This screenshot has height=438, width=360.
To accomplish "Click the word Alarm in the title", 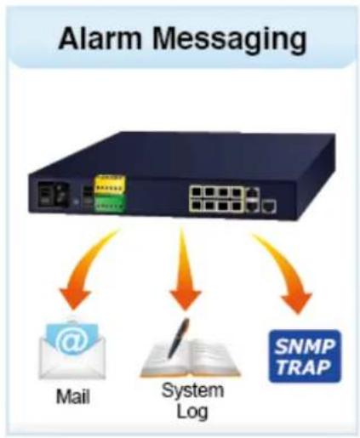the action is click(x=100, y=38).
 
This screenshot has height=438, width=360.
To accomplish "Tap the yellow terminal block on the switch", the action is click(x=110, y=185).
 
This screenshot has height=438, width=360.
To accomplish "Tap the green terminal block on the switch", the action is click(x=110, y=202).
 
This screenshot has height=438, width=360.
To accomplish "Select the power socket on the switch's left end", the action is click(x=53, y=195).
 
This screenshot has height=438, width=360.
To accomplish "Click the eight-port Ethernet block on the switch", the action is click(x=217, y=198).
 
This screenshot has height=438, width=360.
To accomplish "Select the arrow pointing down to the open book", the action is click(x=185, y=270).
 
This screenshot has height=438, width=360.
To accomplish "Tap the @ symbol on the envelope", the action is click(x=72, y=340).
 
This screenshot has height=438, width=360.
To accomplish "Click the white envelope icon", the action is click(x=72, y=350).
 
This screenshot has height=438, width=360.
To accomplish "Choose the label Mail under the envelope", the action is click(x=73, y=396).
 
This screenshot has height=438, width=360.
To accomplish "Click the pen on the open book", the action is click(x=179, y=338).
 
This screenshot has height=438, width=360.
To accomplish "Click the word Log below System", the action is click(x=192, y=412).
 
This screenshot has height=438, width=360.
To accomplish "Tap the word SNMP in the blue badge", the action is click(x=305, y=346).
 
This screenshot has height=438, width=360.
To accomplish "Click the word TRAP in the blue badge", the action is click(x=304, y=367).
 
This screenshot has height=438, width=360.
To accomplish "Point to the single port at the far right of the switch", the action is click(x=269, y=206).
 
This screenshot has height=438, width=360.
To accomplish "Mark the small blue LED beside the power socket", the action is click(x=76, y=202).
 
